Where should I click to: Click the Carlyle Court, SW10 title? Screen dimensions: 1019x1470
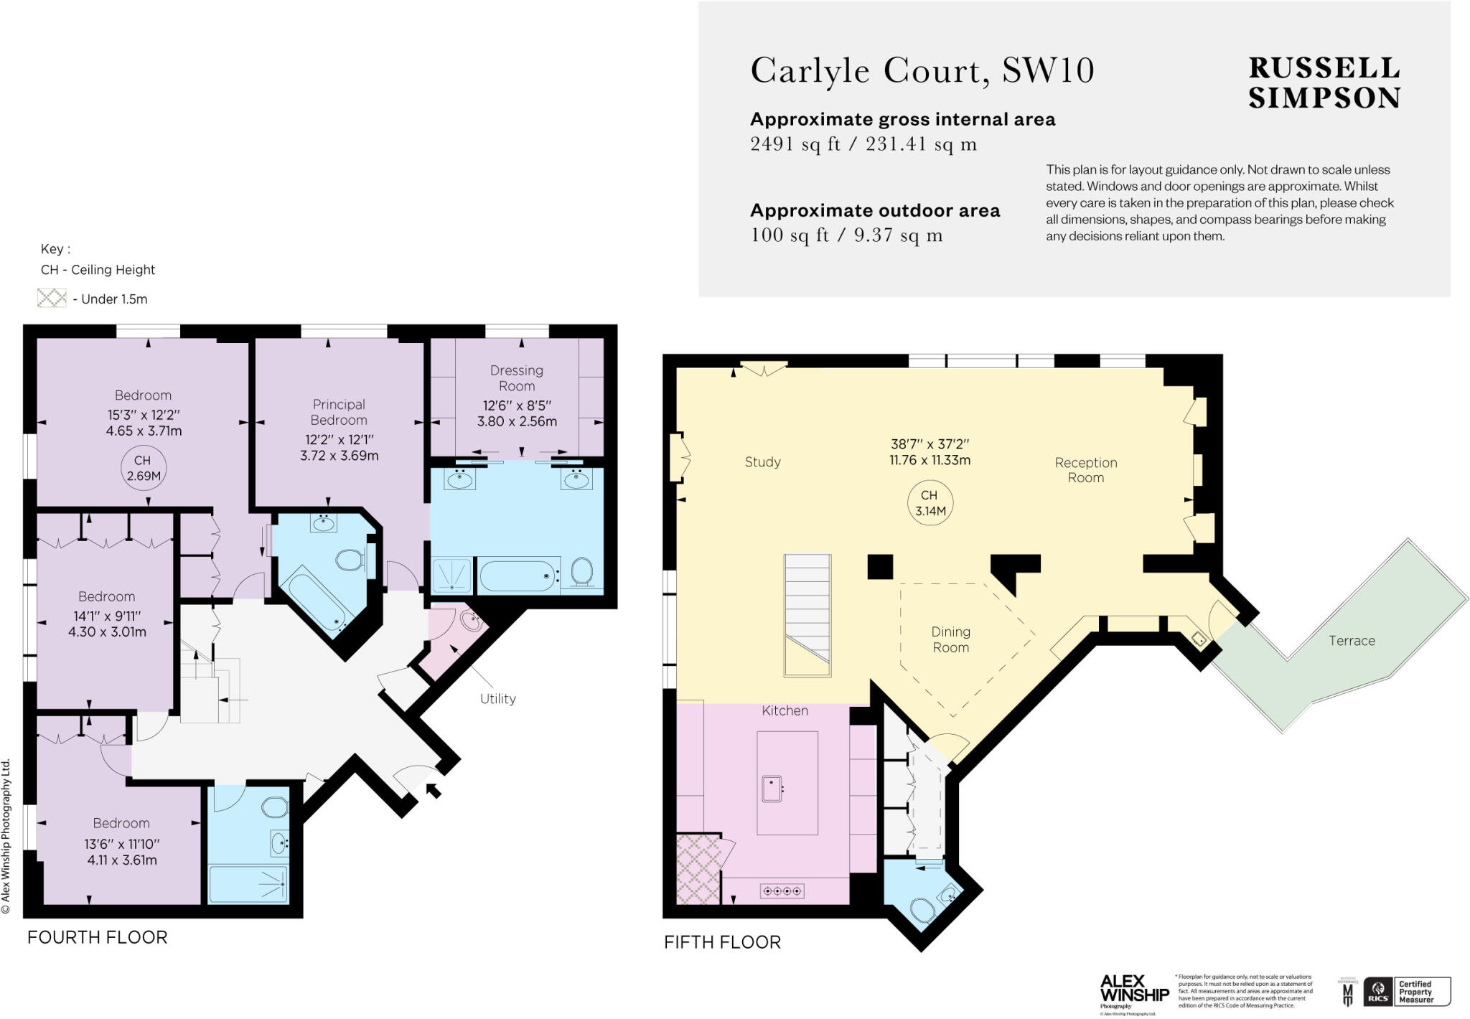(922, 71)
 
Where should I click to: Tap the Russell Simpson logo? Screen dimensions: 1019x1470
(1324, 83)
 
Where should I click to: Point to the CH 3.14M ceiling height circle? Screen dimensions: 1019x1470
(930, 503)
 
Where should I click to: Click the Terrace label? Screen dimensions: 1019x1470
(1352, 641)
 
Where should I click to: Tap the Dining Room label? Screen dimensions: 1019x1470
(950, 639)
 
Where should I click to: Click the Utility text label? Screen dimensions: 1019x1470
(497, 698)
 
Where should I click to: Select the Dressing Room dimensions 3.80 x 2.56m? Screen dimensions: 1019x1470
(517, 421)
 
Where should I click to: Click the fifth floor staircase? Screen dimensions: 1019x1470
(807, 615)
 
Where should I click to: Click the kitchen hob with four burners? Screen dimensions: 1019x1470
(782, 891)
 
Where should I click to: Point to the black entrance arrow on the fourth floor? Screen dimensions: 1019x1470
(434, 790)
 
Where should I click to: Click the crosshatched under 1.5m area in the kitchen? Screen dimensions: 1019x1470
(698, 868)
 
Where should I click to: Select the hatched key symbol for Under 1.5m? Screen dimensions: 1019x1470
(52, 299)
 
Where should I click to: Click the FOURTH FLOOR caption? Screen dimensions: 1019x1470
(97, 937)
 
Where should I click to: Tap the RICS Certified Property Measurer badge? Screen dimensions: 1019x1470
(1407, 991)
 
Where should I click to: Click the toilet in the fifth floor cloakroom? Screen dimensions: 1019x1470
(922, 911)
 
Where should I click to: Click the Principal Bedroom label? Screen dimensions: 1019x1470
(339, 412)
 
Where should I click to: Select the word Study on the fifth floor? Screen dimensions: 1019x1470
(762, 462)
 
